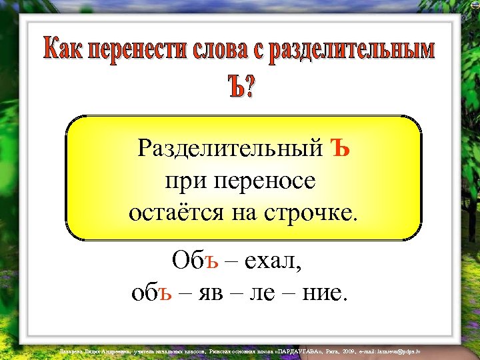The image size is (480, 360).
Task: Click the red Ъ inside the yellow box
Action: pos(340,146)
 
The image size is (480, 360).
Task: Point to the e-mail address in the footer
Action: pos(394,351)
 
